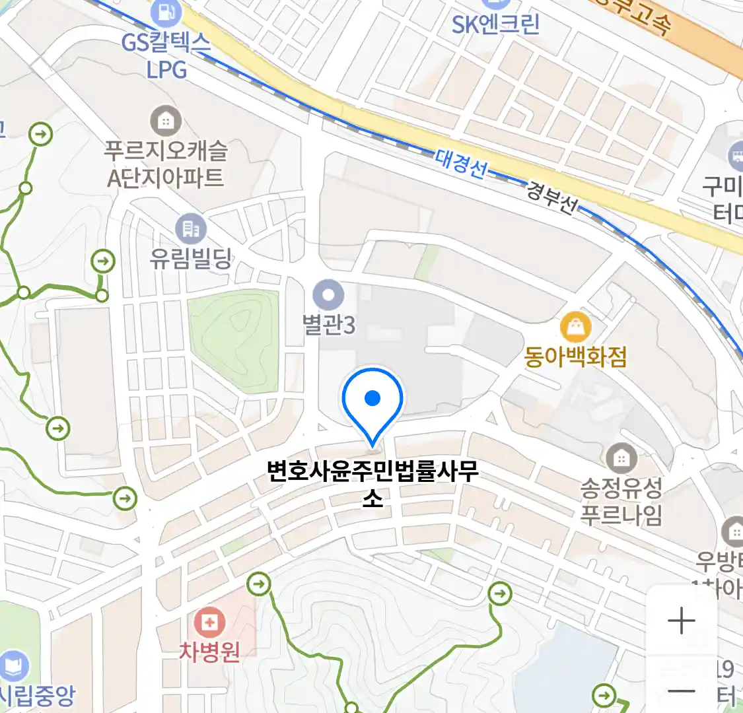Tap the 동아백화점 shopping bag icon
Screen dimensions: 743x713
coord(575,327)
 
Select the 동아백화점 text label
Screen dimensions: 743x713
coord(575,357)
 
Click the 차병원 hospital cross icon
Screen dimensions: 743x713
coord(210,622)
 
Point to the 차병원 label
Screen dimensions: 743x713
coord(209,652)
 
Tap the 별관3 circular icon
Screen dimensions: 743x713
coord(328,294)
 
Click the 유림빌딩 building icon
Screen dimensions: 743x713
coord(191,229)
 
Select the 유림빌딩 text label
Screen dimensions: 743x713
coord(191,258)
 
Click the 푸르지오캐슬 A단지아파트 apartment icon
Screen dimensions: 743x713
coord(166,121)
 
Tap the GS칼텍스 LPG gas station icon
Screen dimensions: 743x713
coord(166,12)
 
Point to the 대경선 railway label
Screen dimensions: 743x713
coord(461,162)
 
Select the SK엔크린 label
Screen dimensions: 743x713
coord(495,24)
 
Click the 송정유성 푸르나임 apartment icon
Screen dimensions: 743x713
coord(621,458)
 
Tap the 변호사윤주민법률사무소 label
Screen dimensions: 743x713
coord(372,484)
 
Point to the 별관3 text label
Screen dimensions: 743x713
coord(328,325)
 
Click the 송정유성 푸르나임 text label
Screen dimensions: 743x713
coord(621,501)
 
